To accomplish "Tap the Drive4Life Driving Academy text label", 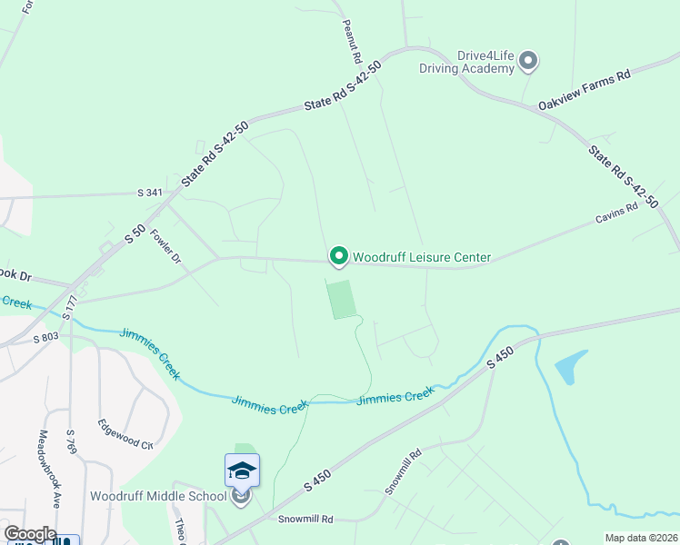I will [466, 62].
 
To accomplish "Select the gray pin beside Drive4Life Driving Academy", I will [528, 61].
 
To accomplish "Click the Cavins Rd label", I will [618, 219].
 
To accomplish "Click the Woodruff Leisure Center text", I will [422, 258].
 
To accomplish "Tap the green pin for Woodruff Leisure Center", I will [338, 257].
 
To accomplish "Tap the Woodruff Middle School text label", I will [158, 496].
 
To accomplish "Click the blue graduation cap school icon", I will [242, 470].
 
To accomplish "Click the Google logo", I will [29, 534].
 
